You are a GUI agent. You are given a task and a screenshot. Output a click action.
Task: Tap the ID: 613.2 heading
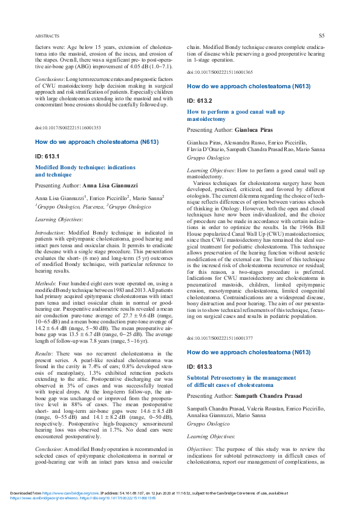point(200,100)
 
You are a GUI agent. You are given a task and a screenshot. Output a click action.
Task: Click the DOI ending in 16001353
point(68,128)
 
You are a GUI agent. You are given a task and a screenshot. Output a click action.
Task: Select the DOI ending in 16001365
point(220,72)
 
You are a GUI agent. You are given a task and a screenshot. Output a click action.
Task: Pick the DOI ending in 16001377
point(220,338)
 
